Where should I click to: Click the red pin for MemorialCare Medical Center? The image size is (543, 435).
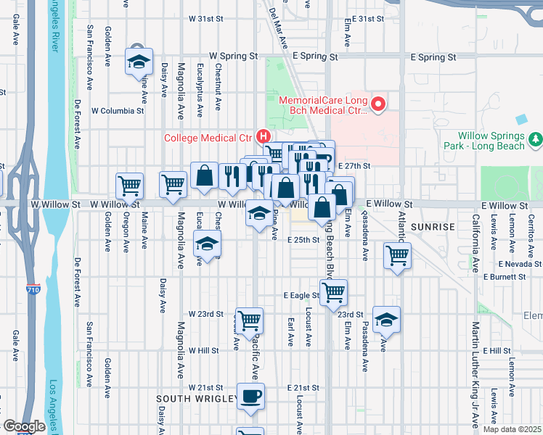[x=377, y=106]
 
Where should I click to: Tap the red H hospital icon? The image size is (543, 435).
[x=264, y=136]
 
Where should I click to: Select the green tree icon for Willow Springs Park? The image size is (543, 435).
[x=536, y=138]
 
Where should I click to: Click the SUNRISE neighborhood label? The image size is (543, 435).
[x=433, y=227]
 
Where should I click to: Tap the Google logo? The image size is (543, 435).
[x=23, y=426]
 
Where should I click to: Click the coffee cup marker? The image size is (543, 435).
[x=250, y=397]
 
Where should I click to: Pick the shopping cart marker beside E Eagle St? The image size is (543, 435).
[x=333, y=291]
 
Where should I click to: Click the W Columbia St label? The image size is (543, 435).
[x=118, y=111]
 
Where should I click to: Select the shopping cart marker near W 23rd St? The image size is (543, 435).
[x=249, y=319]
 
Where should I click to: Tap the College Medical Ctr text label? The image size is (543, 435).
[x=208, y=137]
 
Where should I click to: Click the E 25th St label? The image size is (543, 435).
[x=303, y=240]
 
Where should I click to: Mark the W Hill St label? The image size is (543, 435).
[x=203, y=350]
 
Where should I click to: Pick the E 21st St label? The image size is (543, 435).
[x=303, y=388]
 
